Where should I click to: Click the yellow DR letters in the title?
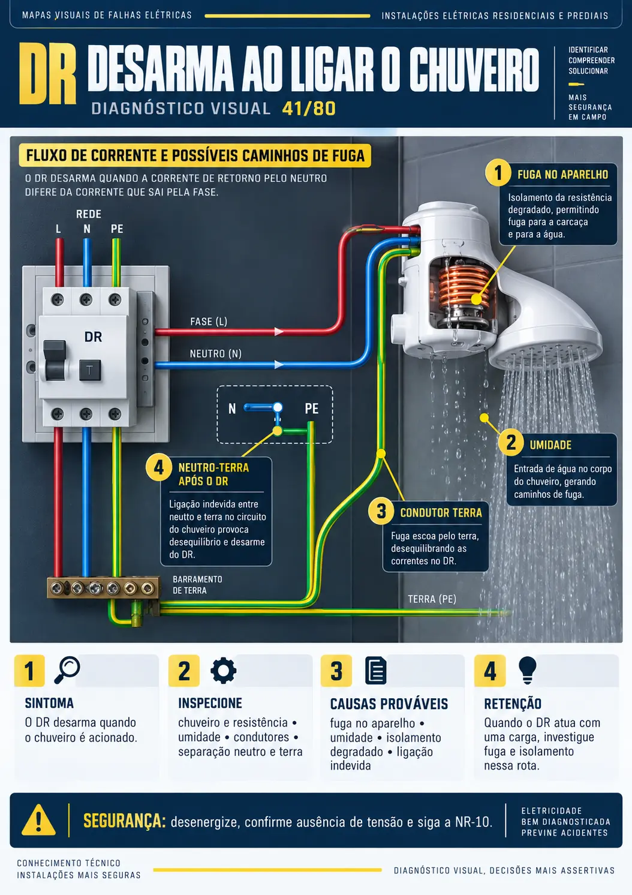tap(47, 74)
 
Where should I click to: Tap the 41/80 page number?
tap(309, 109)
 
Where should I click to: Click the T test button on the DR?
tap(90, 370)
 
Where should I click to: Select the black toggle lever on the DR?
tap(55, 361)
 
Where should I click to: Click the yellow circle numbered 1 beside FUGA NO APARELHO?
tap(498, 173)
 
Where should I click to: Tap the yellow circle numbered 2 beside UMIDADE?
tap(511, 443)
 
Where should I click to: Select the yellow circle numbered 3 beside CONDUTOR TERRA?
tap(381, 511)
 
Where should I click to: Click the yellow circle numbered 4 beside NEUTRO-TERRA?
tap(158, 467)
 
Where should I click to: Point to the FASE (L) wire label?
tap(209, 322)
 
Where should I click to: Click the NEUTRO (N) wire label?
tap(215, 353)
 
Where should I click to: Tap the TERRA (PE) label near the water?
tap(432, 599)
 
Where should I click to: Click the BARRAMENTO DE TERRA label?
tap(197, 585)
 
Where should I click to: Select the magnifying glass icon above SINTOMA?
tap(67, 670)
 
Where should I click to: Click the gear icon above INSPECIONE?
tap(223, 670)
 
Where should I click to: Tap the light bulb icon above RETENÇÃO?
tap(527, 669)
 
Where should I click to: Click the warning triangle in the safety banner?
tap(38, 820)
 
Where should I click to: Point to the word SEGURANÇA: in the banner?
tap(124, 821)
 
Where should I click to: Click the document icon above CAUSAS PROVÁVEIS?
tap(376, 670)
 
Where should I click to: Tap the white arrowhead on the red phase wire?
tap(279, 331)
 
